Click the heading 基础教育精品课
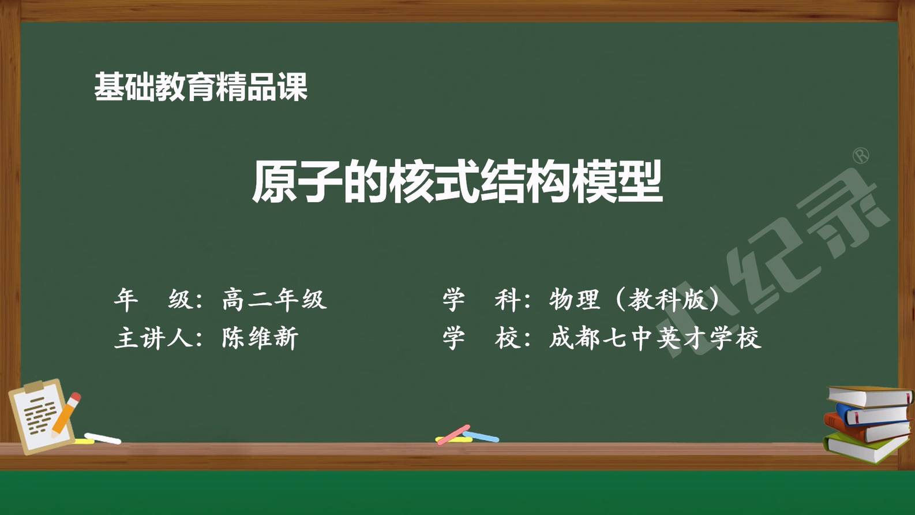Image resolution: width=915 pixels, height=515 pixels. pyautogui.click(x=201, y=87)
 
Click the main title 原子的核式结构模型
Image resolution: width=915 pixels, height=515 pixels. pyautogui.click(x=457, y=182)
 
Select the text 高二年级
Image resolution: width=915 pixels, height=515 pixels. pyautogui.click(x=274, y=299)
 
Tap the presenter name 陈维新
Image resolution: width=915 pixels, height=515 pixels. pyautogui.click(x=260, y=338)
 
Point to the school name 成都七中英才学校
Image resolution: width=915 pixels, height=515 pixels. pyautogui.click(x=655, y=338)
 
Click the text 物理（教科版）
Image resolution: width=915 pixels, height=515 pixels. pyautogui.click(x=633, y=299)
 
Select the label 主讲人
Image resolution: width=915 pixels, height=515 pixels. pyautogui.click(x=153, y=338)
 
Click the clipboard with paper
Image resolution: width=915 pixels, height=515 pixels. pyautogui.click(x=41, y=416)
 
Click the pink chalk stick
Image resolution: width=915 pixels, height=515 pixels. pyautogui.click(x=453, y=435)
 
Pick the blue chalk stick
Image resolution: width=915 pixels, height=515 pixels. pyautogui.click(x=481, y=436)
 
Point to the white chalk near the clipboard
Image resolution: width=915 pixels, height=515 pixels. pyautogui.click(x=103, y=438)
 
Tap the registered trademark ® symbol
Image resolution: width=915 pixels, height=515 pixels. pyautogui.click(x=861, y=156)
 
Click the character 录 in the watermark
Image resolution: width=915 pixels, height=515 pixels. pyautogui.click(x=846, y=212)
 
